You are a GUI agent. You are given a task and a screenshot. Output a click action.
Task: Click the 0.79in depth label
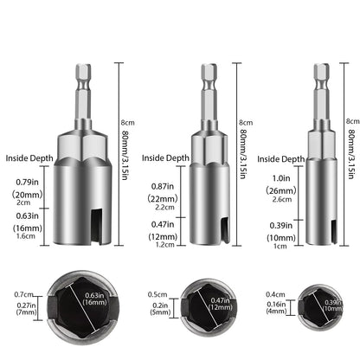[27, 183]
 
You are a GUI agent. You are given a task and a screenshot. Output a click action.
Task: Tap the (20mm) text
[27, 195]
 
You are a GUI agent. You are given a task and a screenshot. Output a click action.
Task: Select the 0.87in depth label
[163, 186]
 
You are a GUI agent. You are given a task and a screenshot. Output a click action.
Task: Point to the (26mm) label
[281, 190]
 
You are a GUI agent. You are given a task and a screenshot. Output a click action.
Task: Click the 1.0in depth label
[281, 178]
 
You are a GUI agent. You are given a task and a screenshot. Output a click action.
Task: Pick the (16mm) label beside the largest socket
[28, 228]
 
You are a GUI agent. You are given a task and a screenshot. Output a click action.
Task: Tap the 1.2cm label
[165, 245]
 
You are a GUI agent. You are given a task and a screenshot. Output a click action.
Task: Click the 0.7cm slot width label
[23, 294]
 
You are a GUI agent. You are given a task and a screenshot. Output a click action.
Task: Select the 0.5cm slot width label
[157, 294]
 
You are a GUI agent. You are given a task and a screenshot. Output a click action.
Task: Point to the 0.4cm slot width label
[275, 294]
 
